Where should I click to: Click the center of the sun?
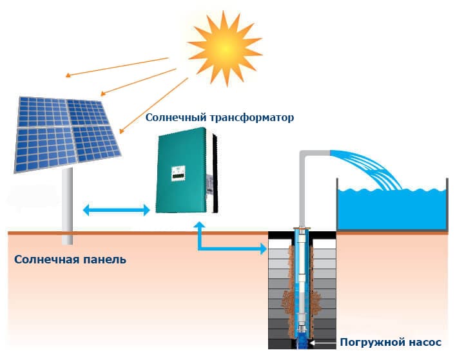pos(226,49)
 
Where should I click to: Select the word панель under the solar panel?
pos(105,260)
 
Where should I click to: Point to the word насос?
pos(425,343)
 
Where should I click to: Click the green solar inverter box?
pos(186,171)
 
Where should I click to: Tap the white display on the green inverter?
pos(178,173)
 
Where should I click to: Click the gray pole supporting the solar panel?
pos(67,206)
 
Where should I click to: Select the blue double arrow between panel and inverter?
pos(116,209)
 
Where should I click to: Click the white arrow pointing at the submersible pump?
pos(323,343)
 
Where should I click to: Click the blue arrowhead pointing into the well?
pos(263,249)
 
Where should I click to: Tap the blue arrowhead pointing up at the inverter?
pos(200,225)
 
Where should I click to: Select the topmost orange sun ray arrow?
pos(117,67)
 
